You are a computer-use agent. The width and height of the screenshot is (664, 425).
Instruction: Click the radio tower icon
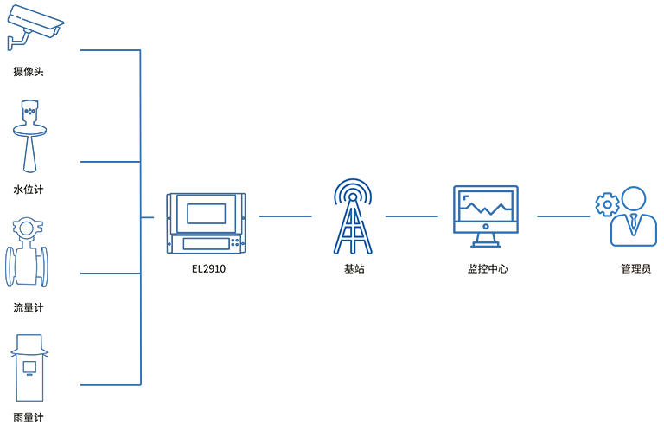[x=352, y=216]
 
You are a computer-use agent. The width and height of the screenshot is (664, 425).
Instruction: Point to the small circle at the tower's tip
[x=352, y=196]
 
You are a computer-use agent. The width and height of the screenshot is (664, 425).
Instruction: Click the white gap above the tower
[x=353, y=87]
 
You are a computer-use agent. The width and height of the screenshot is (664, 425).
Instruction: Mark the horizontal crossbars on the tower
[x=352, y=227]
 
